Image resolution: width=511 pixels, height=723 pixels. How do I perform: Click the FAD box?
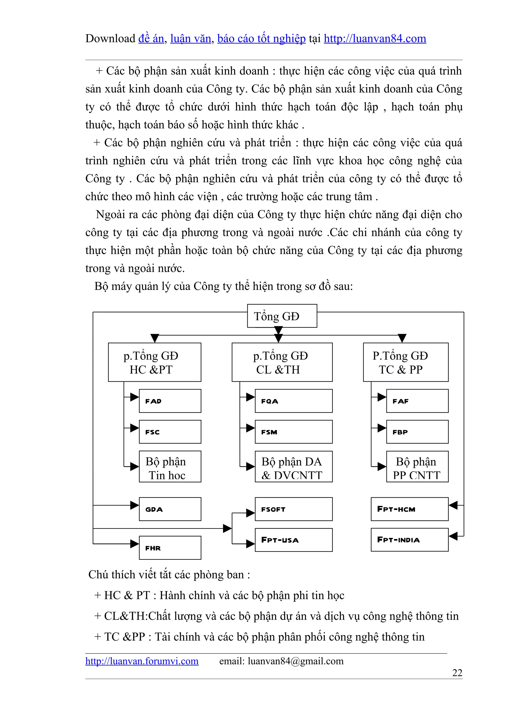(170, 401)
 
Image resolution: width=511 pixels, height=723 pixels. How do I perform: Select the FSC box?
(170, 432)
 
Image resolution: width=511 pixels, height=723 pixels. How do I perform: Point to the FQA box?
(293, 401)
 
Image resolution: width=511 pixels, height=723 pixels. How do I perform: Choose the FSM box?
(293, 432)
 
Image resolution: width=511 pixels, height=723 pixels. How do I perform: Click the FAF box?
(417, 401)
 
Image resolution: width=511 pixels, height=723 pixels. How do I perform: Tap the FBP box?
(417, 432)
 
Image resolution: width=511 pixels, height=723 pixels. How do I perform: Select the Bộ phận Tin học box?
(170, 466)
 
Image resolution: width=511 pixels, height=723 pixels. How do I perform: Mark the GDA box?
(170, 509)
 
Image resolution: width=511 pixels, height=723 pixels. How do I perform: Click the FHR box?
(170, 548)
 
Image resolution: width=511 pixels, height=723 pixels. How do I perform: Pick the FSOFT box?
(293, 509)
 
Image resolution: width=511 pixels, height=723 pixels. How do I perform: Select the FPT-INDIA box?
(409, 540)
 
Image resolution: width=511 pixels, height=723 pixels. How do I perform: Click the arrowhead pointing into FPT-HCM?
(453, 505)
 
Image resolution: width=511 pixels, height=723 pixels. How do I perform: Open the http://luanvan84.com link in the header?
(375, 38)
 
